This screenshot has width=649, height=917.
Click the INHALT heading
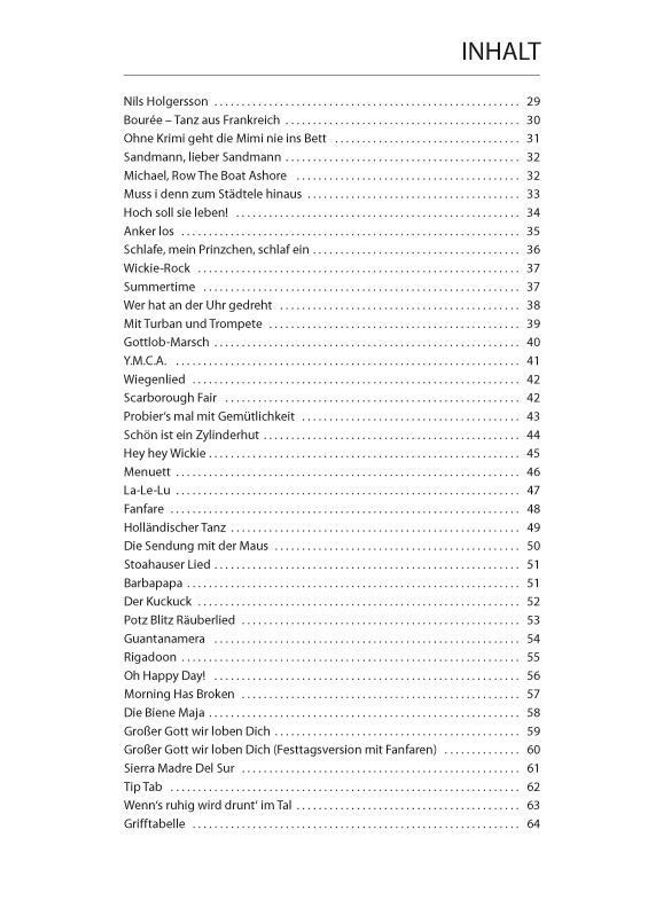click(x=501, y=52)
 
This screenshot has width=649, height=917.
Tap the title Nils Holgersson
click(x=165, y=101)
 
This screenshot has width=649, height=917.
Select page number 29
click(x=533, y=101)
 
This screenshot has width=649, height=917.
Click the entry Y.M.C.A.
click(x=145, y=361)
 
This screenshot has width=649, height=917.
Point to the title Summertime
click(x=159, y=287)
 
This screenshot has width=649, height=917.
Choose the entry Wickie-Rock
click(x=157, y=268)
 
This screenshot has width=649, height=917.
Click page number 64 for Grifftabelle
click(x=533, y=824)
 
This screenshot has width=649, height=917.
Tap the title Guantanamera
click(x=164, y=639)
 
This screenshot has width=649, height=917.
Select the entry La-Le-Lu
click(x=147, y=490)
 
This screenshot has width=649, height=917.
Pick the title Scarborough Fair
click(x=170, y=398)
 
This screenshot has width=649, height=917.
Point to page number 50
click(x=533, y=546)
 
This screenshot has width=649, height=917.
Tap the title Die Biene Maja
click(x=164, y=713)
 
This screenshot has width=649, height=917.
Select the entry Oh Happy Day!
click(x=164, y=676)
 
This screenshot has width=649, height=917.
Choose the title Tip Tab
click(x=143, y=787)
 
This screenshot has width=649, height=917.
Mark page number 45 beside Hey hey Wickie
click(x=533, y=453)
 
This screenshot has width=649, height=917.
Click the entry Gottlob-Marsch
click(x=166, y=343)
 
